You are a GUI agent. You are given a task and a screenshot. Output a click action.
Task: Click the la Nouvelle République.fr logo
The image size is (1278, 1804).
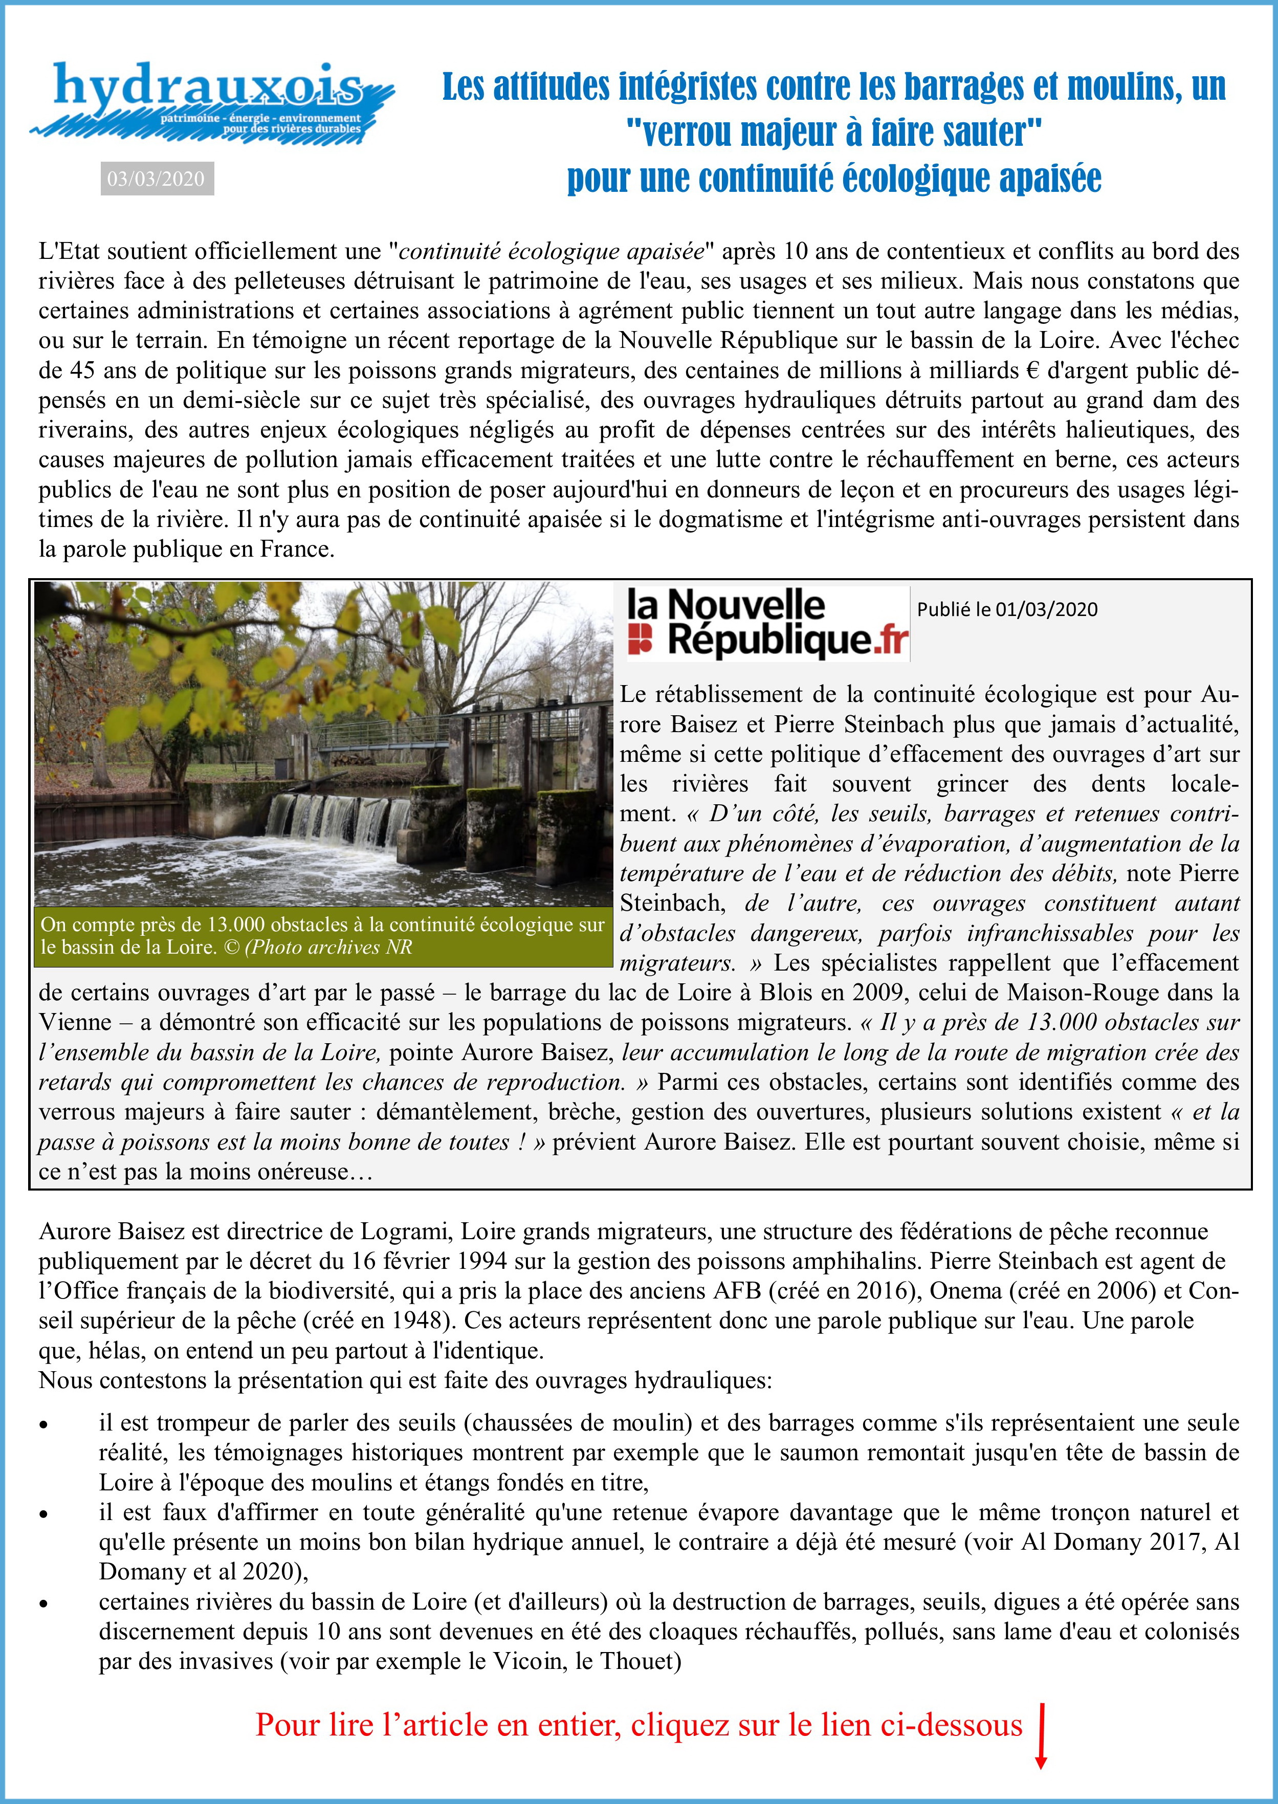768,624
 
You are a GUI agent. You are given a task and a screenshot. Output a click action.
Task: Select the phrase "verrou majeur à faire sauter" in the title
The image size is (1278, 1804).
833,132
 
